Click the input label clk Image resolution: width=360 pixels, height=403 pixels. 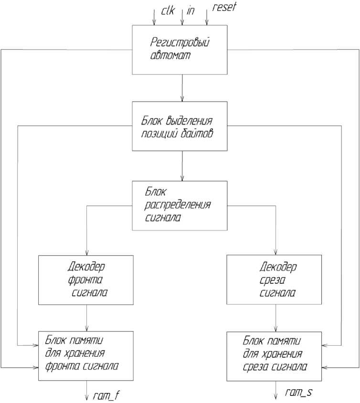click(167, 9)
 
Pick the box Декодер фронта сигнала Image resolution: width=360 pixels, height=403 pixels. click(86, 279)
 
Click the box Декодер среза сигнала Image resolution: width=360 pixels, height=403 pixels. click(275, 279)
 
